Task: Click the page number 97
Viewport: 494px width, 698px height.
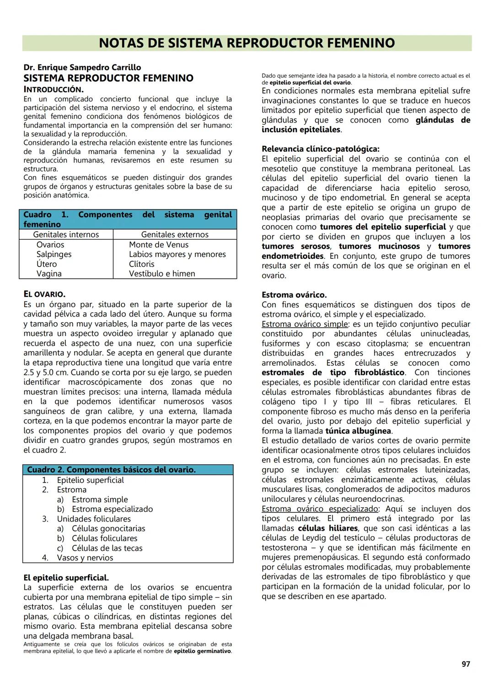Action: [465, 664]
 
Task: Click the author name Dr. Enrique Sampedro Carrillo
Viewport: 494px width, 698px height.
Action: [82, 68]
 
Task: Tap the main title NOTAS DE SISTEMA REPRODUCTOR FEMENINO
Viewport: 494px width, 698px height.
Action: [247, 43]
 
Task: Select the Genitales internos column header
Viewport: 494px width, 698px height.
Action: [66, 234]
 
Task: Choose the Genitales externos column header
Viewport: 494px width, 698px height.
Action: [175, 234]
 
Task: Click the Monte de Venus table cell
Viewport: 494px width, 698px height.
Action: [158, 245]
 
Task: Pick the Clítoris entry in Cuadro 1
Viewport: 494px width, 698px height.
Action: [141, 264]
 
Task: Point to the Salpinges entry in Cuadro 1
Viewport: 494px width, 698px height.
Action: [54, 254]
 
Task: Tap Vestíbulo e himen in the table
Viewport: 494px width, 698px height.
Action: [162, 273]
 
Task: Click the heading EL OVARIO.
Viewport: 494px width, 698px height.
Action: [44, 294]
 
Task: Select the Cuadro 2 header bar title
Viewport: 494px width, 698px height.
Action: [111, 470]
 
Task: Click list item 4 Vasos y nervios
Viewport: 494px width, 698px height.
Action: [85, 558]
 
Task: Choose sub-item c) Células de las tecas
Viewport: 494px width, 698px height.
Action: [107, 548]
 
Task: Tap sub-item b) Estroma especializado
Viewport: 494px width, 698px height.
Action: [112, 509]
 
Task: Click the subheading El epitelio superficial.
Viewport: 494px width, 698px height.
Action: [66, 578]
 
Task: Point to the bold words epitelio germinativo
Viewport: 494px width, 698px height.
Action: [202, 651]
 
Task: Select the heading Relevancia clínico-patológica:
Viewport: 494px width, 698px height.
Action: [320, 149]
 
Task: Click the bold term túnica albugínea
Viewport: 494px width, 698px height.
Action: [358, 431]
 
